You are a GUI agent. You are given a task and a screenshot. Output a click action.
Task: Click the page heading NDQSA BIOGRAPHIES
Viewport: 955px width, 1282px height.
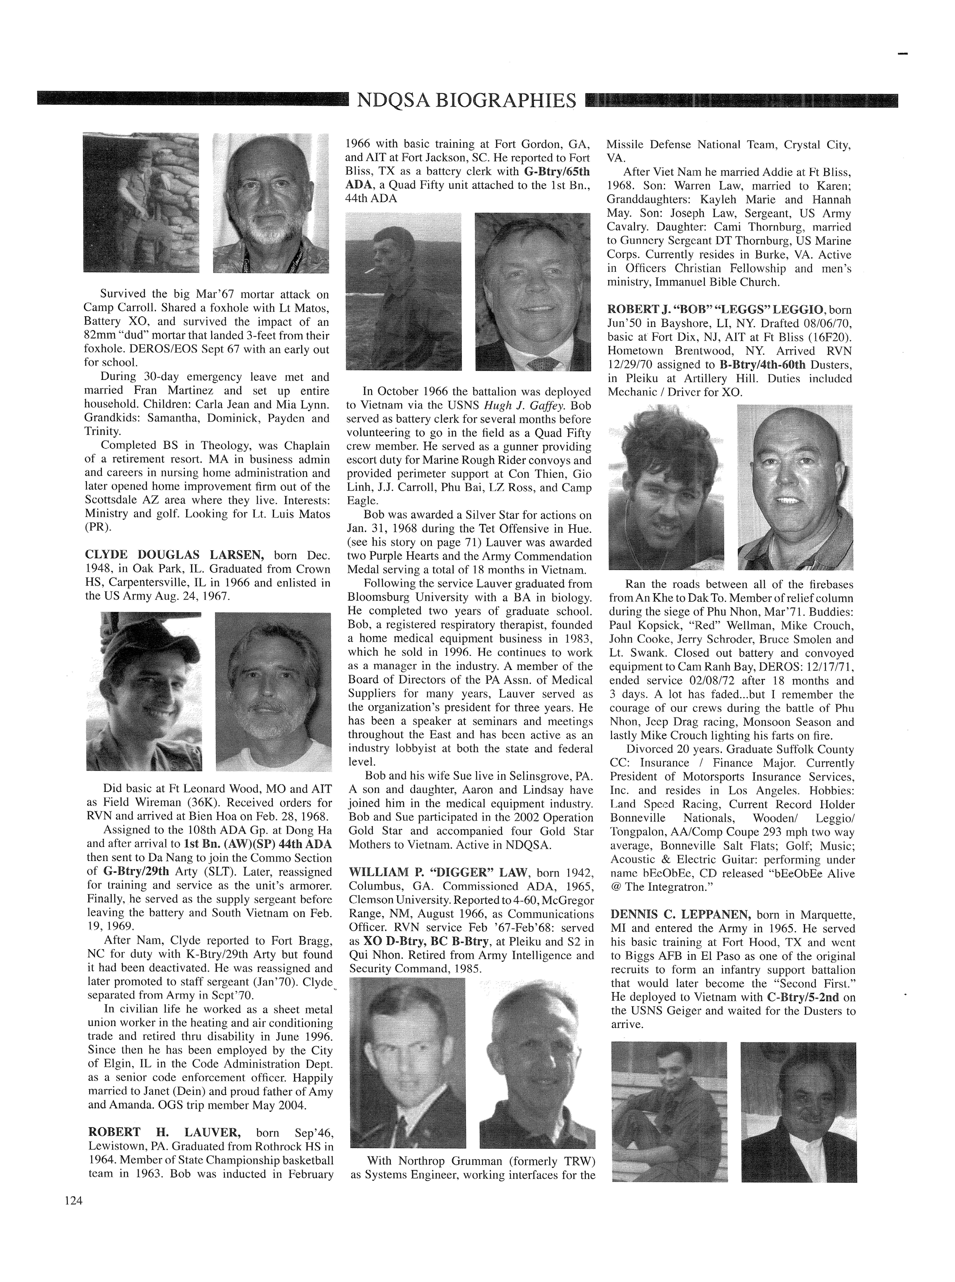467,101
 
